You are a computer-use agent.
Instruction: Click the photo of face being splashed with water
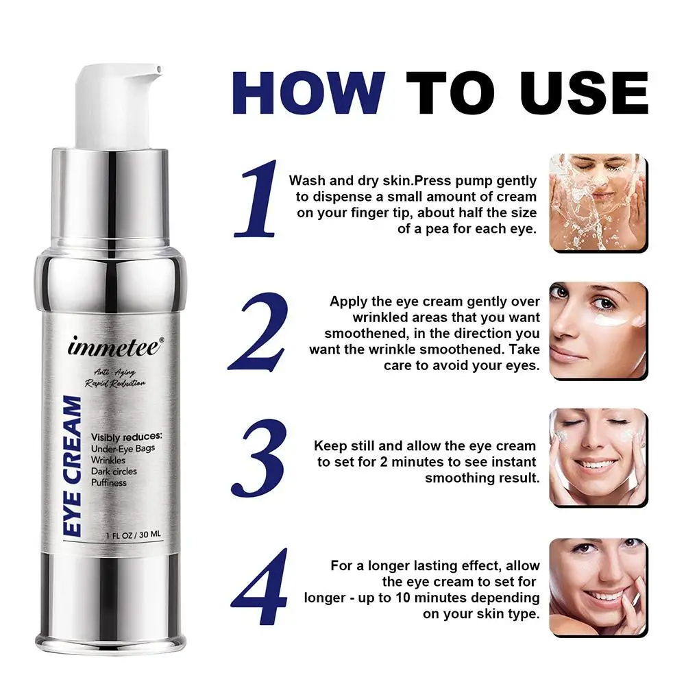(x=598, y=202)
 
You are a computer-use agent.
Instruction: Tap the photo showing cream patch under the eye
(x=598, y=330)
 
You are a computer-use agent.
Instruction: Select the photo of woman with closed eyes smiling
(x=598, y=457)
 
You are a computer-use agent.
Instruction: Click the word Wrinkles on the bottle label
(x=109, y=460)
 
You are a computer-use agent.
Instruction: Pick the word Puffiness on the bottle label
(x=110, y=482)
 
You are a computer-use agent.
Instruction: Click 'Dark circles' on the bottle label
(x=114, y=471)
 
